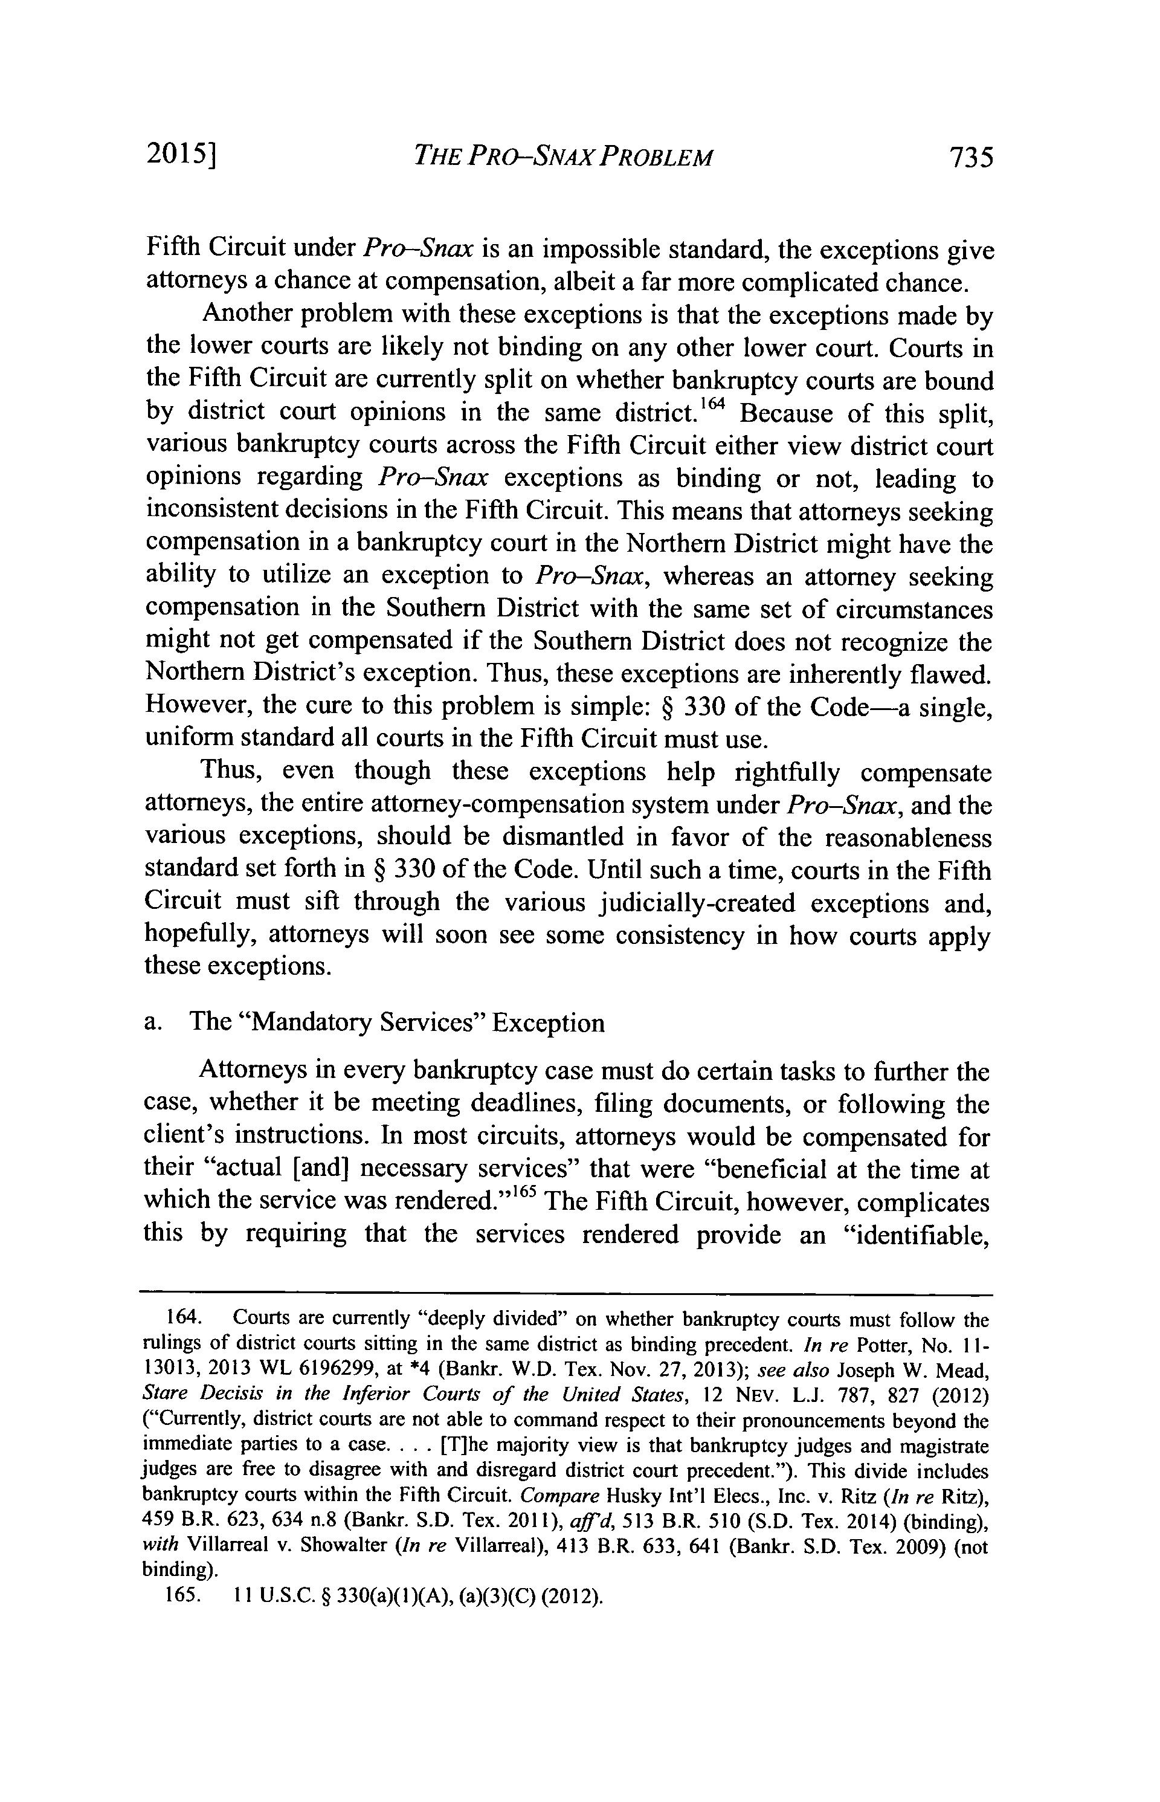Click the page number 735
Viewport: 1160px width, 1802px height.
click(971, 158)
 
